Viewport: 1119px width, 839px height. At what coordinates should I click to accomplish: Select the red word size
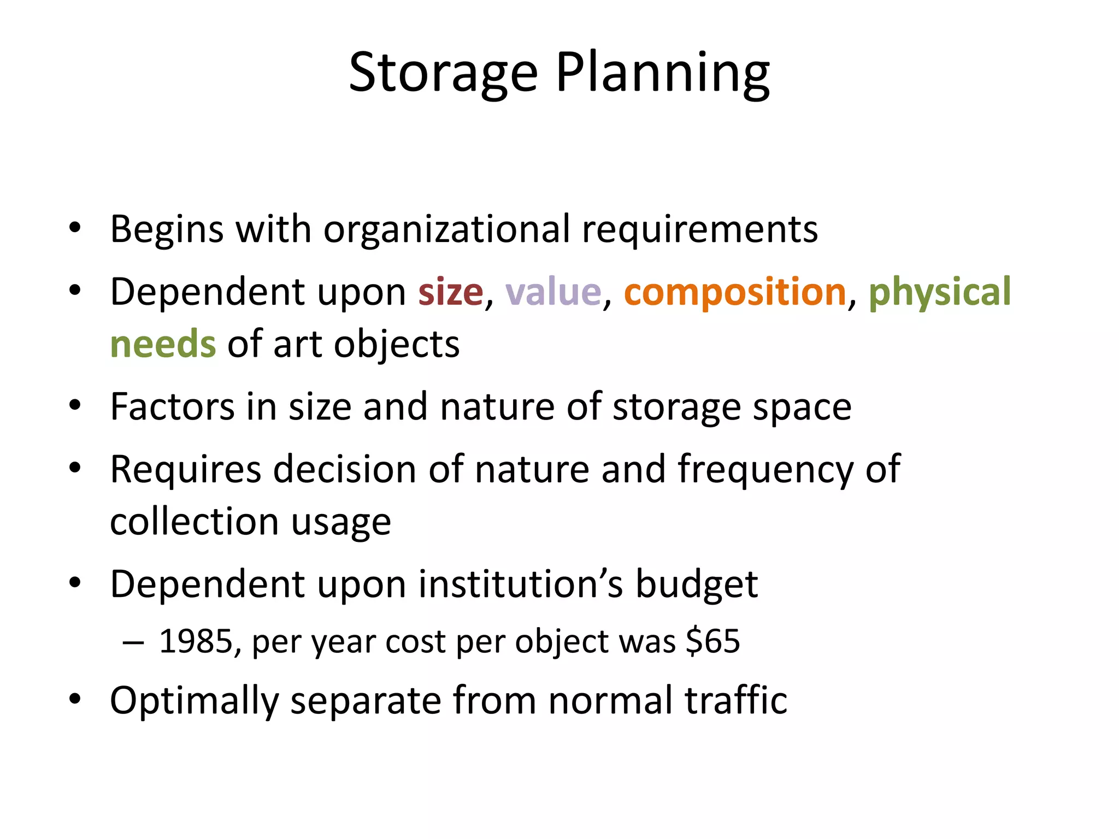click(x=451, y=292)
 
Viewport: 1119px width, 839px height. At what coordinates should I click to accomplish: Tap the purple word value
click(x=553, y=292)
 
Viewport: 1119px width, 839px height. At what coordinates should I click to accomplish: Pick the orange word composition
click(x=735, y=292)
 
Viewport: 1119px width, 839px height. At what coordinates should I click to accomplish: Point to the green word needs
click(x=163, y=345)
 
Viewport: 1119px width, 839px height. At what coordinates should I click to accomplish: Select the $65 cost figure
click(x=714, y=641)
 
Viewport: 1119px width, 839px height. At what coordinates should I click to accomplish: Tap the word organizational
click(x=447, y=229)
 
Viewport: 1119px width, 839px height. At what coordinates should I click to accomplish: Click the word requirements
click(x=700, y=229)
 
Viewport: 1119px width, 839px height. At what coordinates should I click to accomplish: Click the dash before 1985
click(x=133, y=642)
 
